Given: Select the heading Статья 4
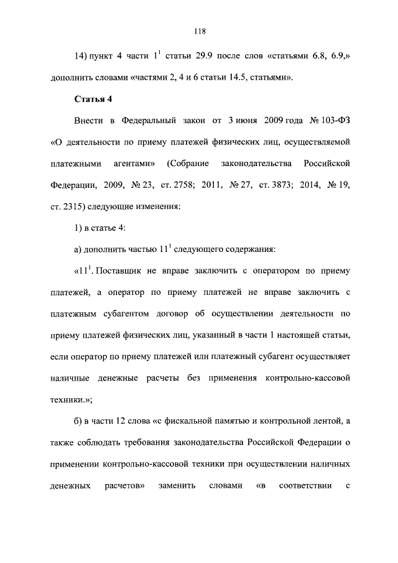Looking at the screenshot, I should pos(93,98).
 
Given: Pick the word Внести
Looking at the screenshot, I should pos(88,120).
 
